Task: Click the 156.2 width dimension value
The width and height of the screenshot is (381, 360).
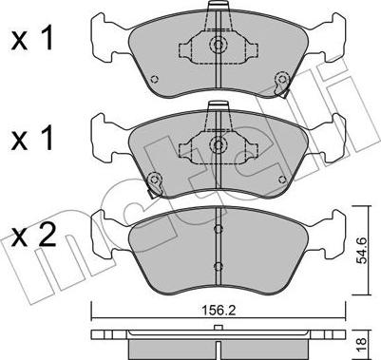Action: [218, 311]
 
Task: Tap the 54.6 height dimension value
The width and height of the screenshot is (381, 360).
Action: [362, 251]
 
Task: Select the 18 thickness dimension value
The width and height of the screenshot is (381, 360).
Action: [363, 343]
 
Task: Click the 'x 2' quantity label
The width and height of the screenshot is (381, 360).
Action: [33, 236]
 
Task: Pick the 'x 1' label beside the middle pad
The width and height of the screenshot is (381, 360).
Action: [32, 139]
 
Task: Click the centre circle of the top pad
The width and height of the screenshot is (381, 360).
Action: [218, 45]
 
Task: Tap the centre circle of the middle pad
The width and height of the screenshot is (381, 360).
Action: [218, 144]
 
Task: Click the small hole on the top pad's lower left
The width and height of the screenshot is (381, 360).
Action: [154, 80]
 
